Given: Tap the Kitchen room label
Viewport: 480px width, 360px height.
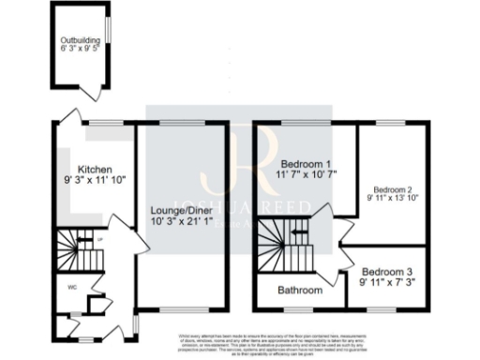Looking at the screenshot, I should tap(95, 170).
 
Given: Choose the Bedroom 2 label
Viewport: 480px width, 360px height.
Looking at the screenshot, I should tap(393, 187).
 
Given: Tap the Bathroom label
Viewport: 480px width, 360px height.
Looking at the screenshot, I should tap(300, 291).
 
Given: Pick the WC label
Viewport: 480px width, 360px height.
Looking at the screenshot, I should tap(71, 287).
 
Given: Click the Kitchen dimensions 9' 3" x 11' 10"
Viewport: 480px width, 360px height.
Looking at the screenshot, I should tap(95, 180).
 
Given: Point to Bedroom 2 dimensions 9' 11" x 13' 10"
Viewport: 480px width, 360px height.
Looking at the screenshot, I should tap(393, 198).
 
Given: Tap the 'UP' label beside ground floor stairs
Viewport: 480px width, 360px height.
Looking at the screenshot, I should tap(99, 240).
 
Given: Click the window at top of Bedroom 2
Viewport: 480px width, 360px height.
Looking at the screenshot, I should tap(390, 123).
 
